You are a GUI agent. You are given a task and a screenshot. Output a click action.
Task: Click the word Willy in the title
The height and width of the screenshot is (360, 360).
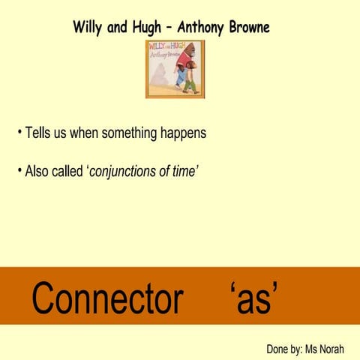pyautogui.click(x=88, y=27)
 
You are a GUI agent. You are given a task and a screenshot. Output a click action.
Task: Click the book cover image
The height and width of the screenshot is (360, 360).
pyautogui.click(x=175, y=69)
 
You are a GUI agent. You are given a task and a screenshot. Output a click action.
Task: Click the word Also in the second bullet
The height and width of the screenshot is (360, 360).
pyautogui.click(x=37, y=171)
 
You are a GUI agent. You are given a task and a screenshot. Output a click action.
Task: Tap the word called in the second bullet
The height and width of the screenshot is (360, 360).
pyautogui.click(x=70, y=171)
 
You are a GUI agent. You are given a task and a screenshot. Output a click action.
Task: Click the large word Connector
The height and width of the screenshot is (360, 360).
pyautogui.click(x=107, y=298)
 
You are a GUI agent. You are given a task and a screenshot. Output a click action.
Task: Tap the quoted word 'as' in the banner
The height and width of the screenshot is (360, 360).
pyautogui.click(x=256, y=298)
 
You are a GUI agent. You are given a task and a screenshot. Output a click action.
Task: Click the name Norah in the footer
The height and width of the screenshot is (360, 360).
pyautogui.click(x=329, y=349)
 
